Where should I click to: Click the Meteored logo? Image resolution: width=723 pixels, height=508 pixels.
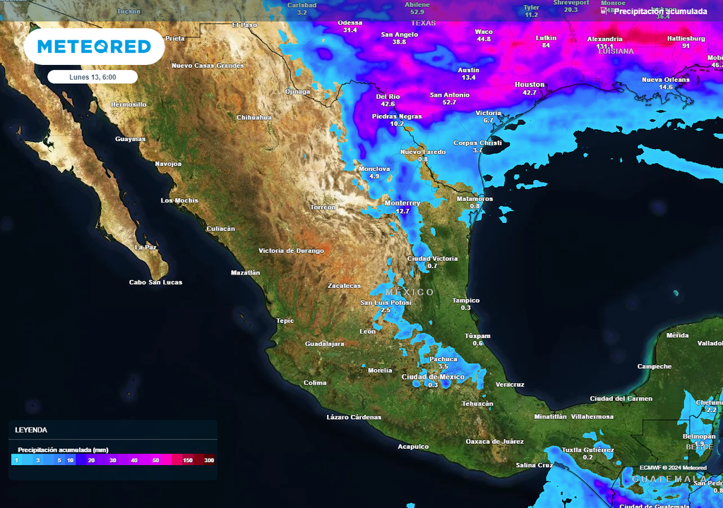pos(94,47)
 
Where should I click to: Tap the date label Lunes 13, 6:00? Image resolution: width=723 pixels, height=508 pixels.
pos(92,77)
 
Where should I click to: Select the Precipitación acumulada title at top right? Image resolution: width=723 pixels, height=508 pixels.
pos(659,11)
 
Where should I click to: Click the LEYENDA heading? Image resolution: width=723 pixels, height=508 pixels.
pos(31,430)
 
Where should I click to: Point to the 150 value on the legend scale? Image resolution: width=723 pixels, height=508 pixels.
pos(188,460)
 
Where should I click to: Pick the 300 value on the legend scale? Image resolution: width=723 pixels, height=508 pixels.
pos(209,460)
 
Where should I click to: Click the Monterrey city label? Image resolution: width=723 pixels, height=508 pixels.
pos(402,203)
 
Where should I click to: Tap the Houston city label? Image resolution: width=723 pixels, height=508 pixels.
pos(530,85)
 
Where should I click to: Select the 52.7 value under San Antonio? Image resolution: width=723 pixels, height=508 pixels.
pos(450,103)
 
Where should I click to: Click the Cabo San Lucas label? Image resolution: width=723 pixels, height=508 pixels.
pos(155,282)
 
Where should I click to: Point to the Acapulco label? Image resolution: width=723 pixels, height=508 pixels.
pos(413,447)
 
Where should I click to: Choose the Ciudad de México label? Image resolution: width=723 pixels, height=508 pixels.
pos(433,377)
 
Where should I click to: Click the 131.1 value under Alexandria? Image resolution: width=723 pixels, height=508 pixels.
pos(604,47)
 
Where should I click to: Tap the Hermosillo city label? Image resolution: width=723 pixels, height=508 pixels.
pos(129,104)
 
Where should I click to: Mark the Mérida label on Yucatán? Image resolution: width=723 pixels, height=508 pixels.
pos(677,336)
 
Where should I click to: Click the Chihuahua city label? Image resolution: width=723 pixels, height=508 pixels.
pos(254,117)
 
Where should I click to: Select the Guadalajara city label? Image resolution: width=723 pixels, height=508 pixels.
pos(324,344)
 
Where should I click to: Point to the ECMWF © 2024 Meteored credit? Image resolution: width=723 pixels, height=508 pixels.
pos(673,468)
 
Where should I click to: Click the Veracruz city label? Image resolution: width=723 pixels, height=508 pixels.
pos(510,385)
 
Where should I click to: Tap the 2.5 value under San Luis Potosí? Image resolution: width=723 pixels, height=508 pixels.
pos(386,310)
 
